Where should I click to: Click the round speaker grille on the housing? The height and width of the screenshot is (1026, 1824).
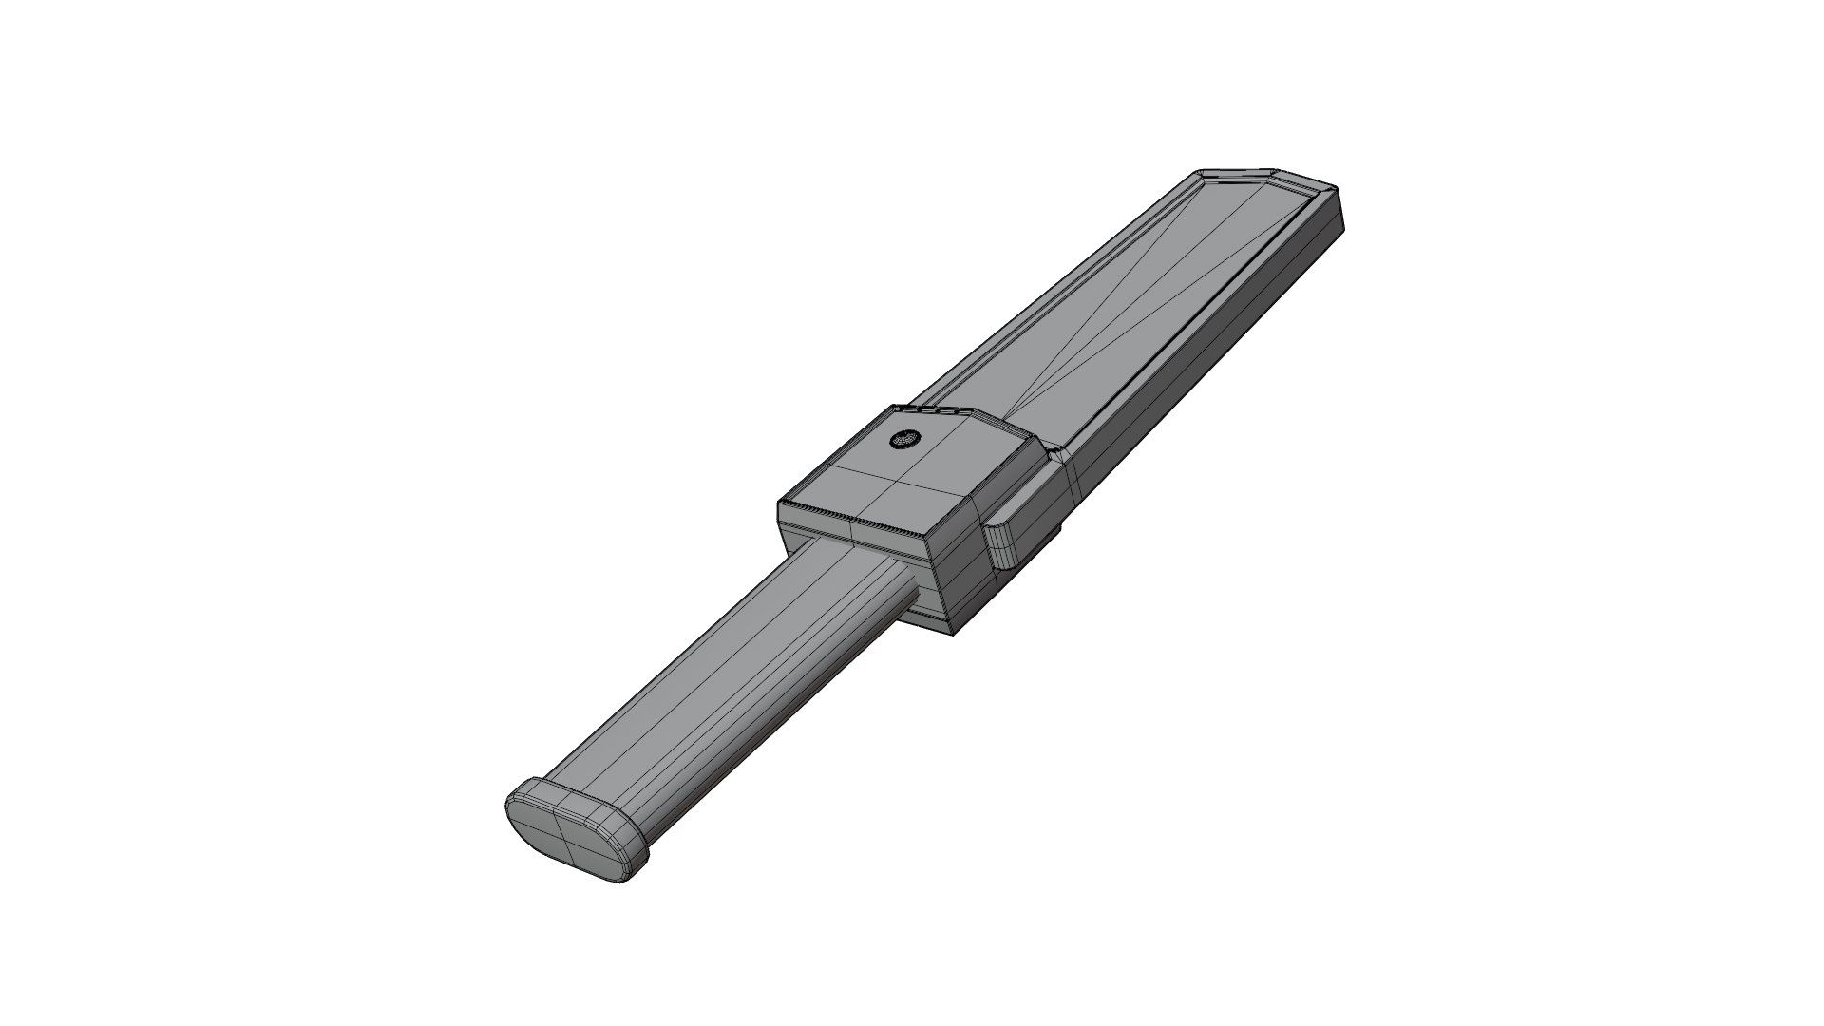click(904, 440)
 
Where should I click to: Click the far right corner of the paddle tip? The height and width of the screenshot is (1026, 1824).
click(1341, 224)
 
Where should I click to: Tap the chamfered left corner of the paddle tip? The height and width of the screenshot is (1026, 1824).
click(1199, 176)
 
